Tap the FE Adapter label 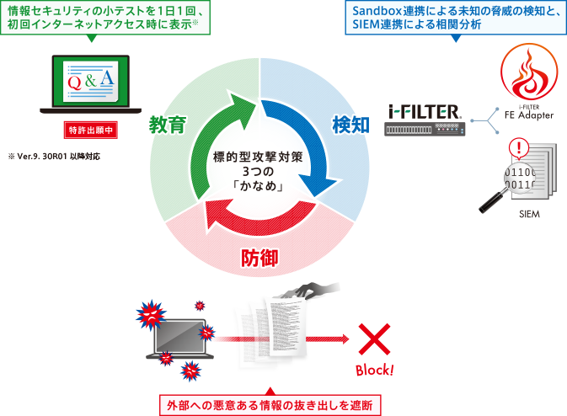click(x=528, y=115)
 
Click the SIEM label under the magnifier click(x=529, y=215)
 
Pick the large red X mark click(x=373, y=339)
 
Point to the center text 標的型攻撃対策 click(x=259, y=157)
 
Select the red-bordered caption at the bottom click(x=270, y=403)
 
